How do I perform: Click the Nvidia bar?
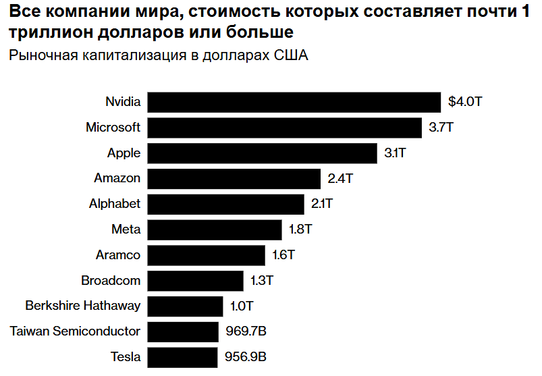[294, 103]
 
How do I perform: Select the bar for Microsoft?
[284, 128]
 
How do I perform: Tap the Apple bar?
[262, 153]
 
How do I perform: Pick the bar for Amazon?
[234, 179]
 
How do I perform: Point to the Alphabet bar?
[225, 204]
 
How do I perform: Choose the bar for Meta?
[214, 230]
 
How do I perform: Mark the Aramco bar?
[206, 255]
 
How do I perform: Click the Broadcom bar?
[195, 281]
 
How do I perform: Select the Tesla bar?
[182, 357]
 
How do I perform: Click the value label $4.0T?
[466, 103]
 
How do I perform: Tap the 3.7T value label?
[441, 128]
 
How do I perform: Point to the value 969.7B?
[246, 331]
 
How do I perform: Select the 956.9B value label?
[246, 357]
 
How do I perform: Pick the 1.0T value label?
[242, 306]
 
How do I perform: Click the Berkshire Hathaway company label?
[83, 306]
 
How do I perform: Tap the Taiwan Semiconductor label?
[75, 331]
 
